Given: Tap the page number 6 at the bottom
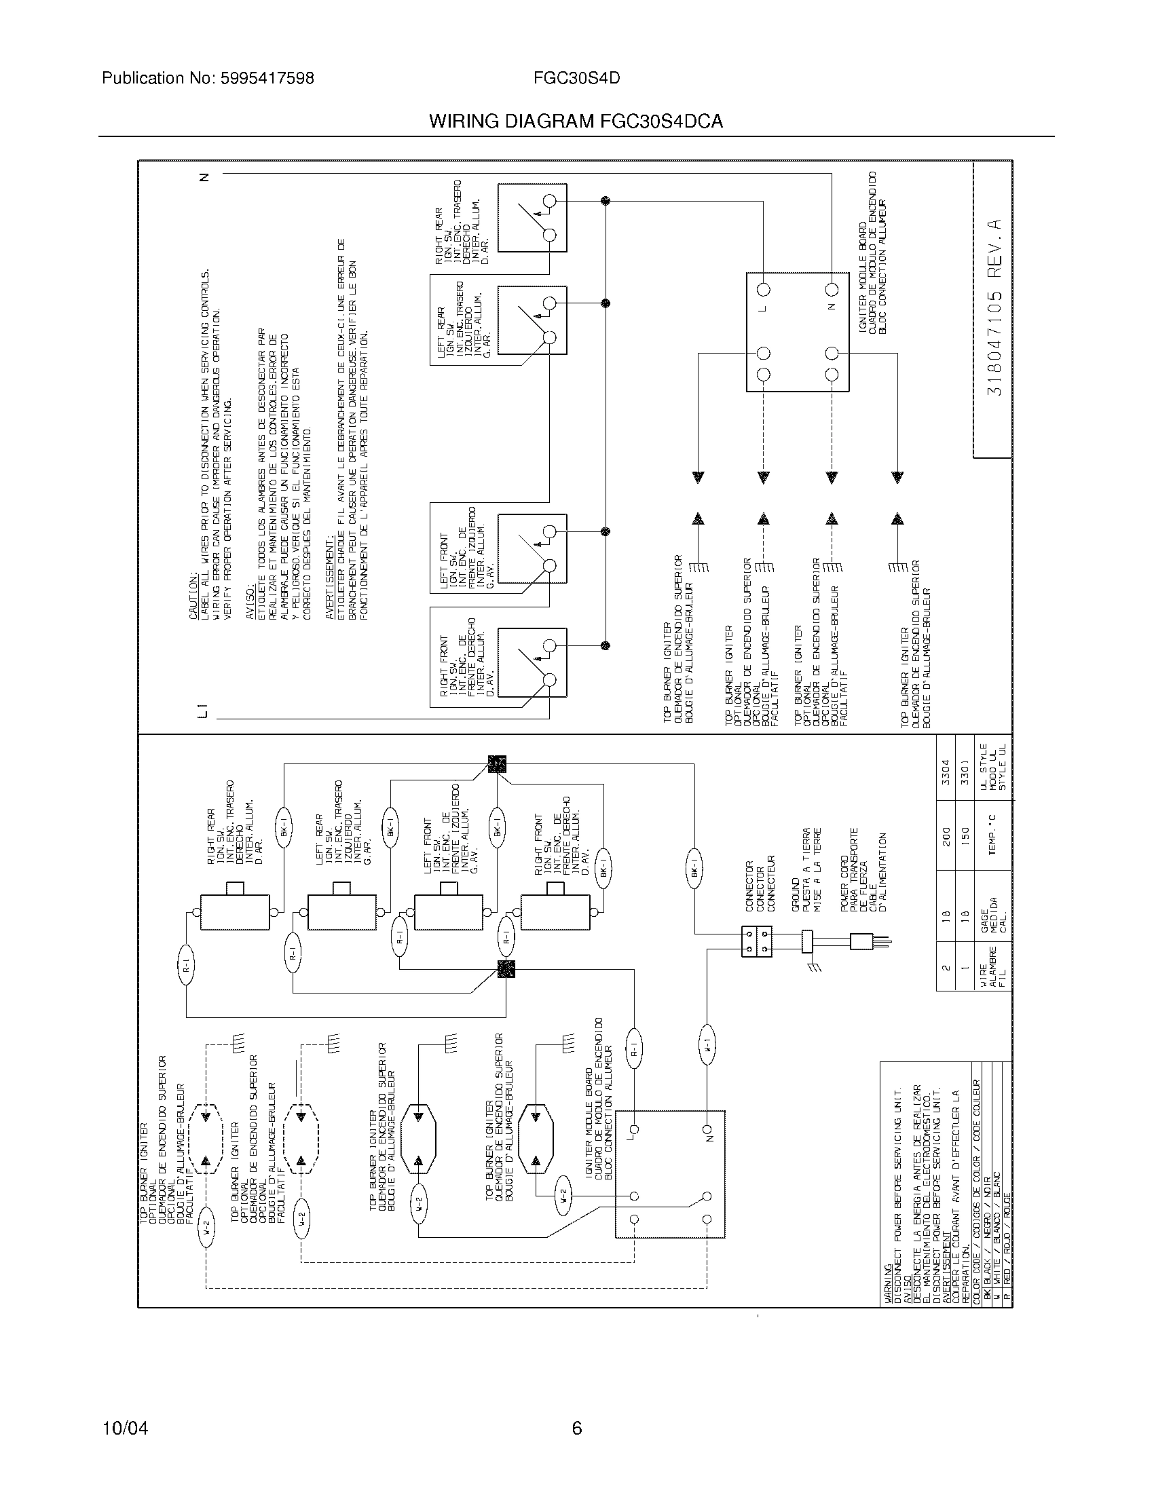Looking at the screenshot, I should coord(576,1428).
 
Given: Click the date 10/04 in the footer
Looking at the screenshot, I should coord(125,1428).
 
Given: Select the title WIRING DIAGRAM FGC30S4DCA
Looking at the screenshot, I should coord(576,121).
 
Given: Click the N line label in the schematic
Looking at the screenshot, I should coord(203,177).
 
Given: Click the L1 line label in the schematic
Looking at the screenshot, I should coord(202,711).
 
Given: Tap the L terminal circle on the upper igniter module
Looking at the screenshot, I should coord(764,289).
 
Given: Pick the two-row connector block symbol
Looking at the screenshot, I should coord(756,941).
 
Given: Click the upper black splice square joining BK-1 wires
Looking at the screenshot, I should coord(497,763).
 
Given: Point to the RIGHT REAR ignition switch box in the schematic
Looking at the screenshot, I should coord(532,218).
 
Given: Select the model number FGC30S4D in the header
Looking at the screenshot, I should coord(576,79).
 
